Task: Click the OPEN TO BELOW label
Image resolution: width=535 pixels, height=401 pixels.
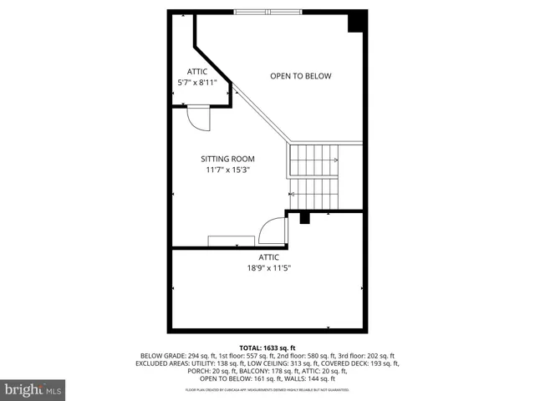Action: (x=300, y=76)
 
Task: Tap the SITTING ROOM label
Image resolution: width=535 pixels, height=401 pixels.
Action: (x=227, y=159)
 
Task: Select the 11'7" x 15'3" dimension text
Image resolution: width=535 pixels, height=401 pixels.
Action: (x=227, y=170)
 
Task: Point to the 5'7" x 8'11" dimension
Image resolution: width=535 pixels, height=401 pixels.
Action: (x=197, y=83)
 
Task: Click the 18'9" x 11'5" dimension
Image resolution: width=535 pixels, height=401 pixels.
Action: (x=267, y=268)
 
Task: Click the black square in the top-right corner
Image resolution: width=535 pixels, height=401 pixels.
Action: (x=356, y=20)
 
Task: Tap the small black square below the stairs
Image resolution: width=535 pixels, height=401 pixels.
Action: (x=304, y=218)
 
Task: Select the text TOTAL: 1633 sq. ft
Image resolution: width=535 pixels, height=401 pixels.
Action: (x=267, y=348)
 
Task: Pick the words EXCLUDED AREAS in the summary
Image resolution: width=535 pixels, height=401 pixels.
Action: (x=165, y=364)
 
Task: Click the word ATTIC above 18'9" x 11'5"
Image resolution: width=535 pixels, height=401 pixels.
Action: (x=267, y=257)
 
